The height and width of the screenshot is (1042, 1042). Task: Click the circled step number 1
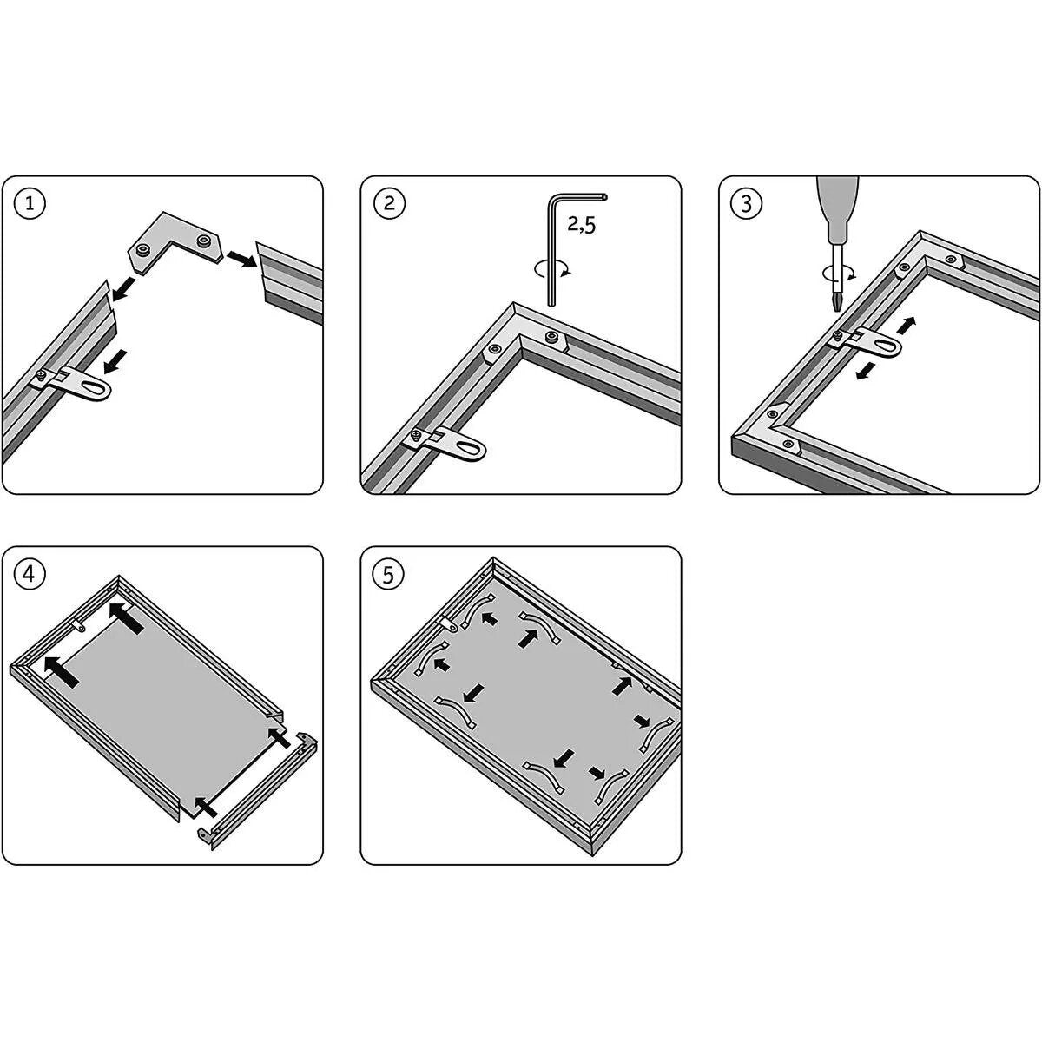point(30,204)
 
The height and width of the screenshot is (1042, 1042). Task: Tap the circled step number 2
point(389,204)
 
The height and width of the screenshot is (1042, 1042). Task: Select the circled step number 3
point(746,204)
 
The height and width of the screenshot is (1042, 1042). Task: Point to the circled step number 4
point(30,574)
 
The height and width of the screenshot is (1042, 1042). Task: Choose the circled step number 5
point(389,574)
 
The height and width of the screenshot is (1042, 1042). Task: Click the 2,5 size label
point(581,224)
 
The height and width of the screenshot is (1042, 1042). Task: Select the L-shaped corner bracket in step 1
point(175,241)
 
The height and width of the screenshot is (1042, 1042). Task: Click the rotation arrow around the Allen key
point(552,268)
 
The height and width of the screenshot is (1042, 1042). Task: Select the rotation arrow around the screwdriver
point(838,273)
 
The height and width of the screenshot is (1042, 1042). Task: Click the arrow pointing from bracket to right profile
point(242,259)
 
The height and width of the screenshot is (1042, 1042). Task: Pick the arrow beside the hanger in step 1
point(115,361)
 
